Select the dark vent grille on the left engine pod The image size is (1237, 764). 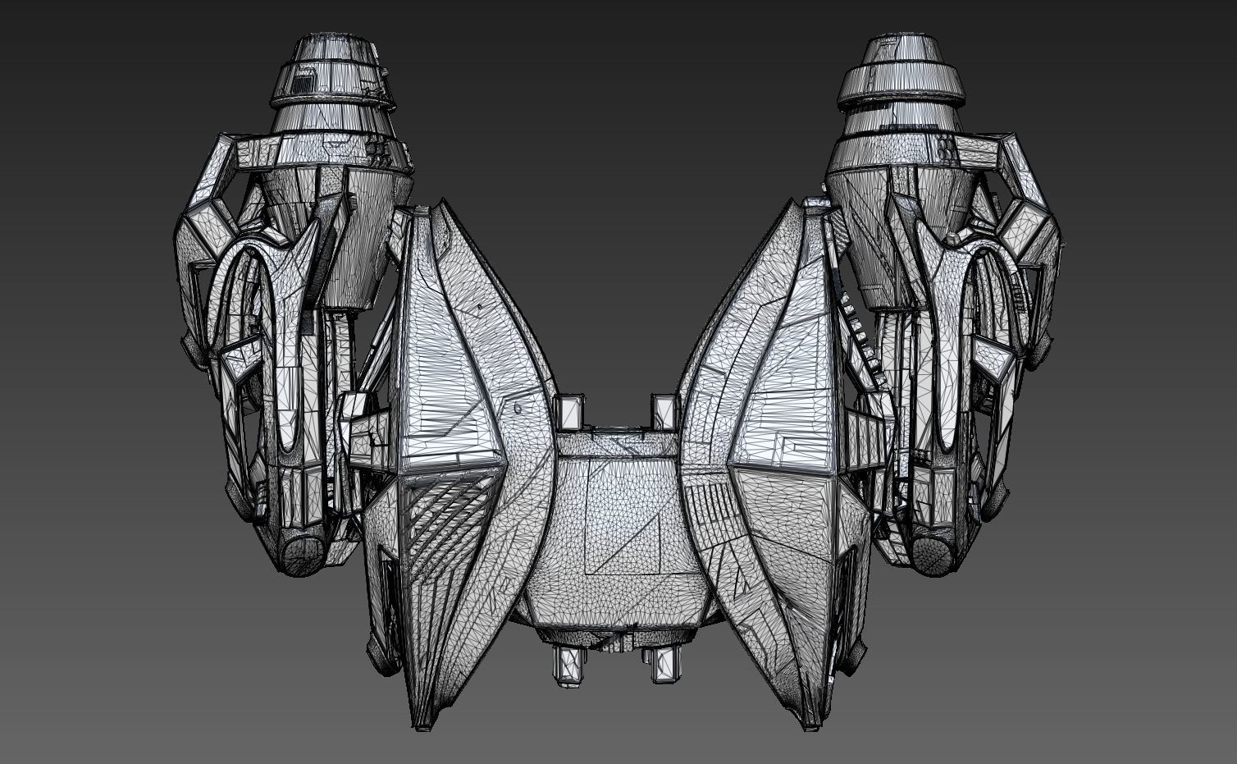304,80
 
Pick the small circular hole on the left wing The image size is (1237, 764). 518,405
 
